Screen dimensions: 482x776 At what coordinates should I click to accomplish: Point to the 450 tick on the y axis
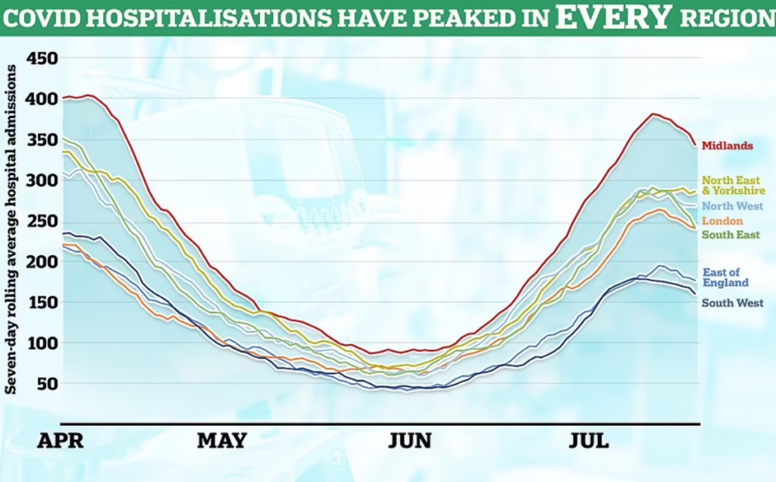[42, 58]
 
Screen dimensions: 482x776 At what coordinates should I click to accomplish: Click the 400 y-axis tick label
[42, 99]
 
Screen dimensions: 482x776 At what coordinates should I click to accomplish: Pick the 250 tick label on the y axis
[42, 221]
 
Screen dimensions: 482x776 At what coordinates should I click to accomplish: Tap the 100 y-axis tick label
[42, 343]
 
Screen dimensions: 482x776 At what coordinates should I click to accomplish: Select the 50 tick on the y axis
[47, 384]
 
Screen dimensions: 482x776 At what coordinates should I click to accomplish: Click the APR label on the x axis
[61, 440]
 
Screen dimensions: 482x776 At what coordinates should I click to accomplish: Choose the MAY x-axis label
[221, 440]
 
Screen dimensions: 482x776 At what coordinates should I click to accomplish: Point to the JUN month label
[410, 440]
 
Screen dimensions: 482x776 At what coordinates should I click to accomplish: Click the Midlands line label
[727, 146]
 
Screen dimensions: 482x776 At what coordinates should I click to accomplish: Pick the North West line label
[731, 206]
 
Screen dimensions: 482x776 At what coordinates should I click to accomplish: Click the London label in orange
[721, 221]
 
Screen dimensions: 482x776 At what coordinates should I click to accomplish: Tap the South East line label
[731, 235]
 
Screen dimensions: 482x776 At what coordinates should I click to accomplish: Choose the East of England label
[725, 277]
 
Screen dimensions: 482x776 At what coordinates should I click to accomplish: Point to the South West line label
[732, 303]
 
